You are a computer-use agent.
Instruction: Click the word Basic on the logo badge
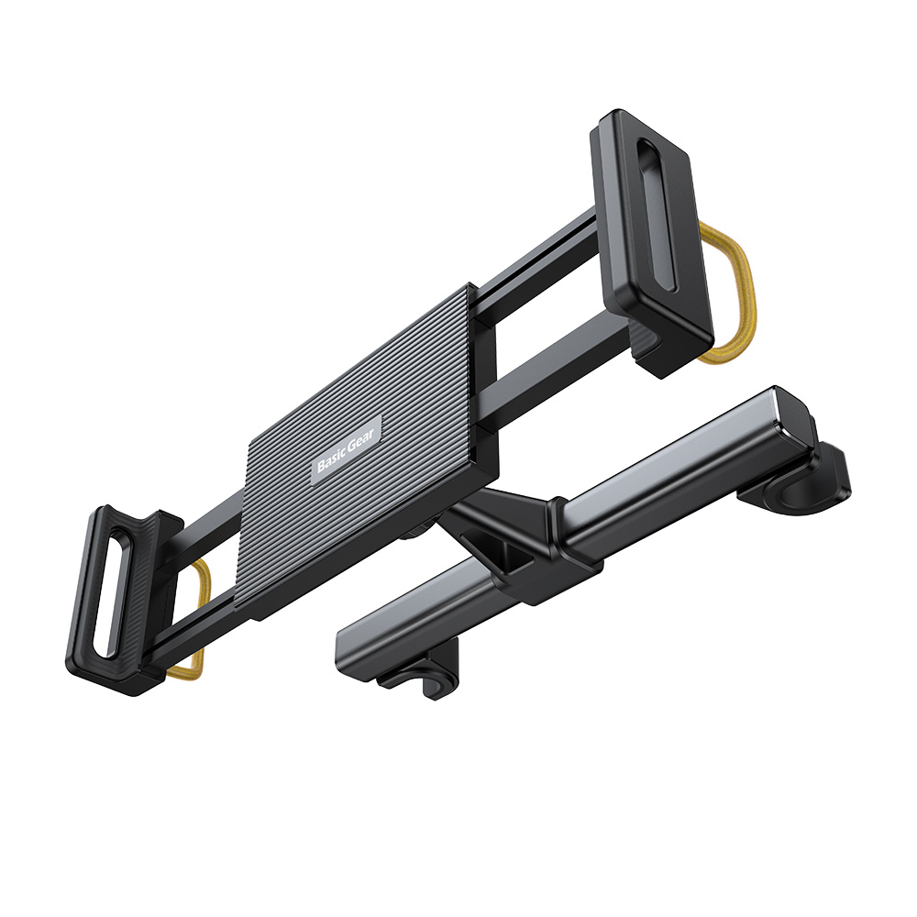328,460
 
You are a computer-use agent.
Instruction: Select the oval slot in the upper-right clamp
657,215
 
